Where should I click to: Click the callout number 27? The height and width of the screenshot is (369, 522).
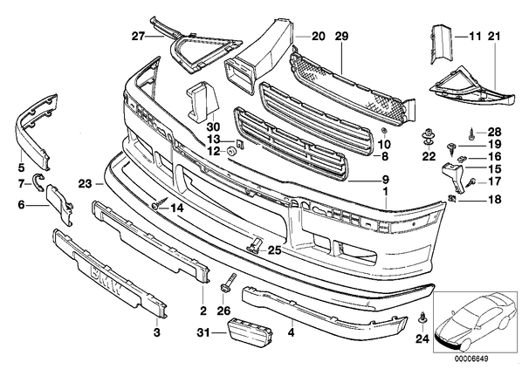139,36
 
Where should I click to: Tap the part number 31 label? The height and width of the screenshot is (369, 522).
203,332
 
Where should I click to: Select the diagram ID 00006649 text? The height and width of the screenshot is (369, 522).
471,359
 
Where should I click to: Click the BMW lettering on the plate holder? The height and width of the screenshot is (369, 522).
106,279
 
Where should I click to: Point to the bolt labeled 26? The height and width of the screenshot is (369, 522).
230,281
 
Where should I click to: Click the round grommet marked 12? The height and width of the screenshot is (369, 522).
230,152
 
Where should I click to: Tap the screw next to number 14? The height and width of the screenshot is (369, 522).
160,203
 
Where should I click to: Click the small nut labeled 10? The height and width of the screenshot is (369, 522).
383,131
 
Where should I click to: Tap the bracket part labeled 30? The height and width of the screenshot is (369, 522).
203,101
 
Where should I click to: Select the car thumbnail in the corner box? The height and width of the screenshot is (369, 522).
476,322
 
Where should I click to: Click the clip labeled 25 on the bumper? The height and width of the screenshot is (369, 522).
255,244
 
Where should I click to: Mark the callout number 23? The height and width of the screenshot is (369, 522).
85,184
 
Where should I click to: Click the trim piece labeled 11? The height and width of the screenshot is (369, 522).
441,44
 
